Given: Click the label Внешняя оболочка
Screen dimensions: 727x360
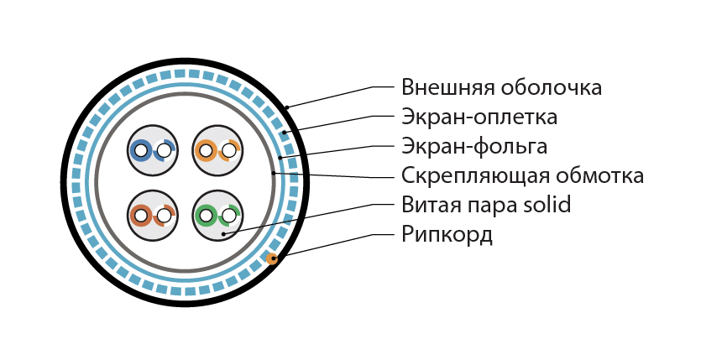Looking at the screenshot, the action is tap(501, 87).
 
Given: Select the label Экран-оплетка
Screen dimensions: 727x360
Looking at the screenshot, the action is tap(479, 117).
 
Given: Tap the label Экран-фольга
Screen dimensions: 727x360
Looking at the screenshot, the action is tap(473, 146).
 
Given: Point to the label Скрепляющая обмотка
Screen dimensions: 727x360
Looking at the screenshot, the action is tap(522, 176).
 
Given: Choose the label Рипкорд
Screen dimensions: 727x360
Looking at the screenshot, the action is tap(447, 235).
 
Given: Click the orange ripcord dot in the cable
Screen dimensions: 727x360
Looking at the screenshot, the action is tap(272, 258).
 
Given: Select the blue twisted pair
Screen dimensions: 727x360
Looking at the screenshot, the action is tap(153, 150).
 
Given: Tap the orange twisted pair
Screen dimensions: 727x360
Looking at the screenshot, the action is tap(217, 150).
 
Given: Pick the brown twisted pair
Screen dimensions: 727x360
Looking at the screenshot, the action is tap(153, 216).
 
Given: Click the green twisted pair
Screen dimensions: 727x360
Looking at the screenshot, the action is tap(217, 216).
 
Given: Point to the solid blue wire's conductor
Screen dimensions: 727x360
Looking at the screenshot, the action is tap(140, 150).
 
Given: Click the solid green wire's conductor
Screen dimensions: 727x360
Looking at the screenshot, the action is tap(206, 216).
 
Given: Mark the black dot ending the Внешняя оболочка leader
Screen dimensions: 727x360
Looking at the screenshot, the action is tap(287, 107).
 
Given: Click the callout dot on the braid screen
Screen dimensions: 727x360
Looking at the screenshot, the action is tap(285, 133).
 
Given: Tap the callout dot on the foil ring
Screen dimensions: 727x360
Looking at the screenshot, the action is tap(280, 158).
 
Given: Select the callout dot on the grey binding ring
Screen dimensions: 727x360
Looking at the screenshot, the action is tap(274, 173).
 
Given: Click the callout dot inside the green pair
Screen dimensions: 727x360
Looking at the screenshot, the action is tap(223, 234).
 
